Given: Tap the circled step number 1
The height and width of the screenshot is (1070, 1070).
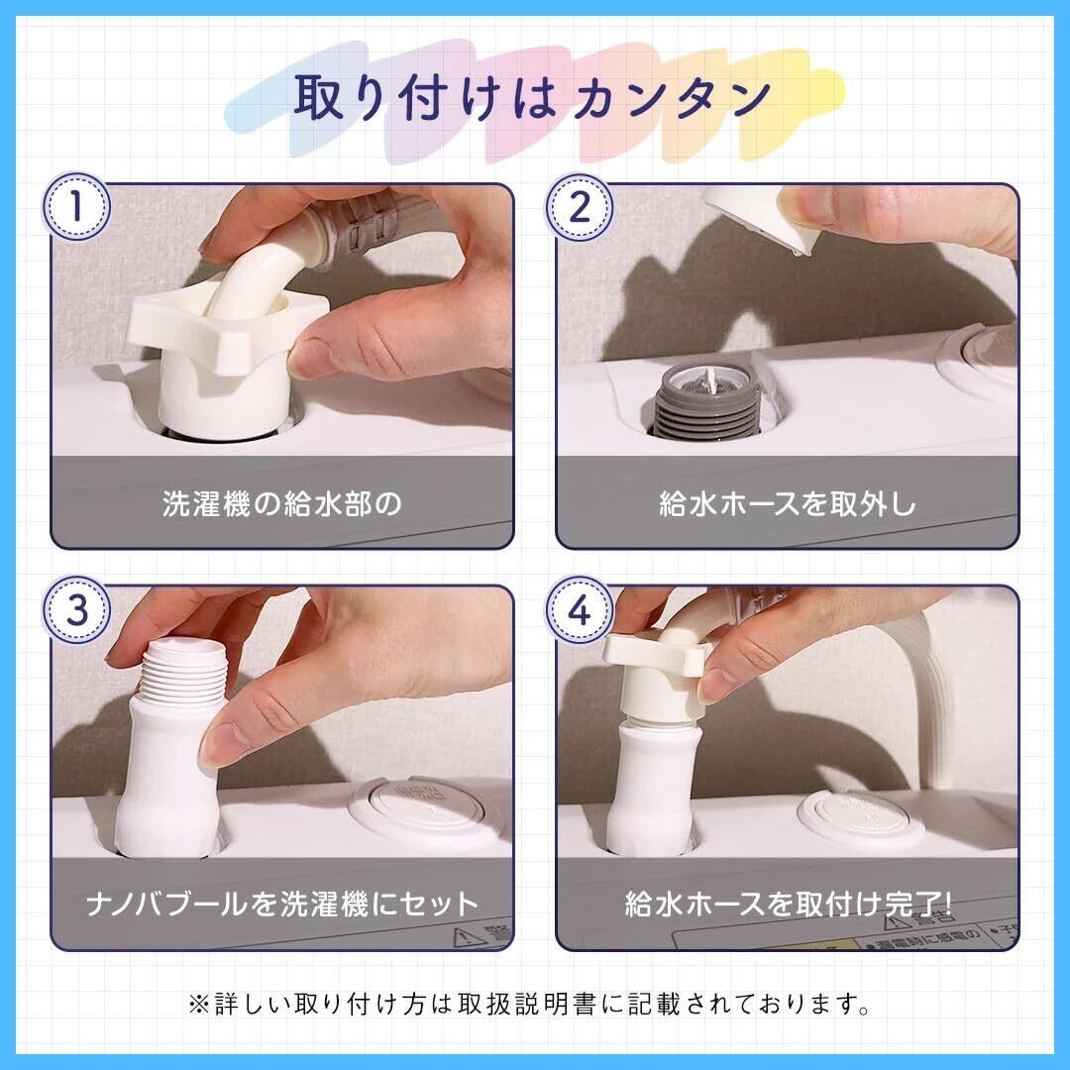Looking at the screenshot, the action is [76, 206].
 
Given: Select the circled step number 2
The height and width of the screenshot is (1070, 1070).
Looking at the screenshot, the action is [579, 206].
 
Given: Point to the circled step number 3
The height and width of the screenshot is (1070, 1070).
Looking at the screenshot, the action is [76, 609].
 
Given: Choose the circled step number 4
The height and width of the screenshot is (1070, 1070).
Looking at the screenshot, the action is [579, 609].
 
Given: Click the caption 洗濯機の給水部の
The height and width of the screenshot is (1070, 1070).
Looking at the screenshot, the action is [281, 503].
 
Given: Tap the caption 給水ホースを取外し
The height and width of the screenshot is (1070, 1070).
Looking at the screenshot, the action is [787, 503].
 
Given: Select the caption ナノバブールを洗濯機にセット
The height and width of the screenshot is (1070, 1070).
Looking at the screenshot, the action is [281, 904].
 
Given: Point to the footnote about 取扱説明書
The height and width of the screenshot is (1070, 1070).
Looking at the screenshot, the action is [529, 1004].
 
